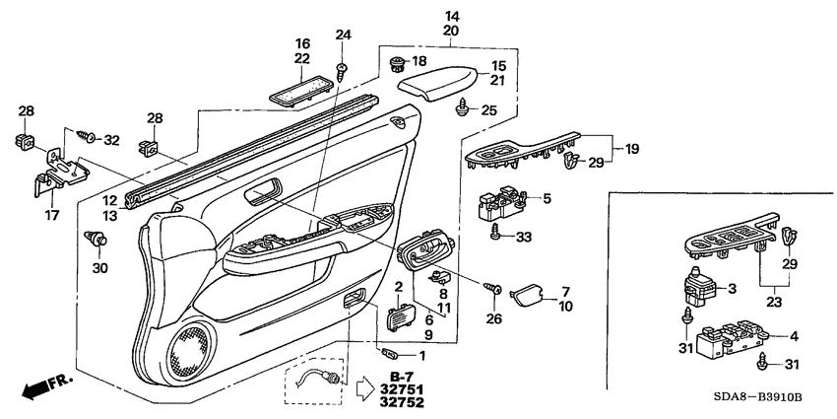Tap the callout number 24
[x=343, y=35]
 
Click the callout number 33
[x=523, y=237]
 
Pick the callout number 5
[x=547, y=197]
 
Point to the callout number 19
[x=629, y=150]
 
